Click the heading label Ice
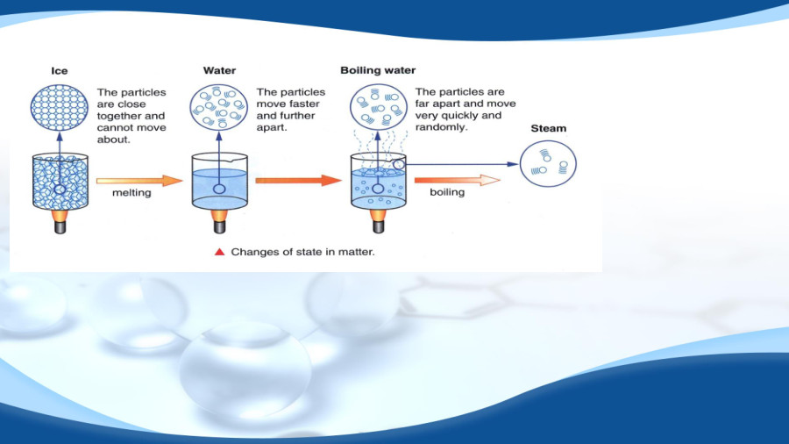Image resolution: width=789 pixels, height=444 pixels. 60,71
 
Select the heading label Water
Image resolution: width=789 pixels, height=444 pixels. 219,71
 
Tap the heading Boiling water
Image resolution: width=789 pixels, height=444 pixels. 378,70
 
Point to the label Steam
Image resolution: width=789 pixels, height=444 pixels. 549,128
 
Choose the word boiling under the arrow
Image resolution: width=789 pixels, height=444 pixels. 447,192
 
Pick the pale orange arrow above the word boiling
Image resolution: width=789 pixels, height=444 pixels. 463,180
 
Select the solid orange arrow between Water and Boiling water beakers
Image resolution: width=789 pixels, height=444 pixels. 298,180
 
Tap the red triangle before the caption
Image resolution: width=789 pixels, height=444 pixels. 219,252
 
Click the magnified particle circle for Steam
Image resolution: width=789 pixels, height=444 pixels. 548,163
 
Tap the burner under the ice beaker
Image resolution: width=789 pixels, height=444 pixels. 60,221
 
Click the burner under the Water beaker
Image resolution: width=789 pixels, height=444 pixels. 219,221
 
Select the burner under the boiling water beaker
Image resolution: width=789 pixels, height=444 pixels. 379,221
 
